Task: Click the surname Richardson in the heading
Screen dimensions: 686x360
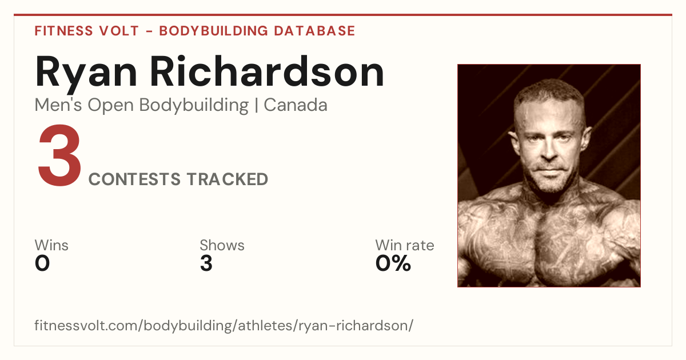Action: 267,71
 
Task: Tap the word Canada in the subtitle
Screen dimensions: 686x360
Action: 296,105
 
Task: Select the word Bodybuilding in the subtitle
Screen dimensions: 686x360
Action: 194,106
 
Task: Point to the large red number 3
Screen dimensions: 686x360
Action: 59,155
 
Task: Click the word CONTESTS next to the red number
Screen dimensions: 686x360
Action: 134,179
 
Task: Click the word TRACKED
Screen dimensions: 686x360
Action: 228,179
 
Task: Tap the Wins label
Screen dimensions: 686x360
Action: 51,245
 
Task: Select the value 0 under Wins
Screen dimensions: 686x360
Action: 42,263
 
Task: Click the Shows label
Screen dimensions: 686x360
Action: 222,245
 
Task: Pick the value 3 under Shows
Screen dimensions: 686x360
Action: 206,263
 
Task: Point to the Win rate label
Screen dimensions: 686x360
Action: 405,245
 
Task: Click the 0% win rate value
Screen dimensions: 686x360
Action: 393,263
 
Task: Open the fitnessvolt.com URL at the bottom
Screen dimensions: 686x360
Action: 224,325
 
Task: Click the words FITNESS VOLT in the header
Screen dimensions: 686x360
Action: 87,31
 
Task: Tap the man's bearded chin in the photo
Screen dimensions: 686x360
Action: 551,183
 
